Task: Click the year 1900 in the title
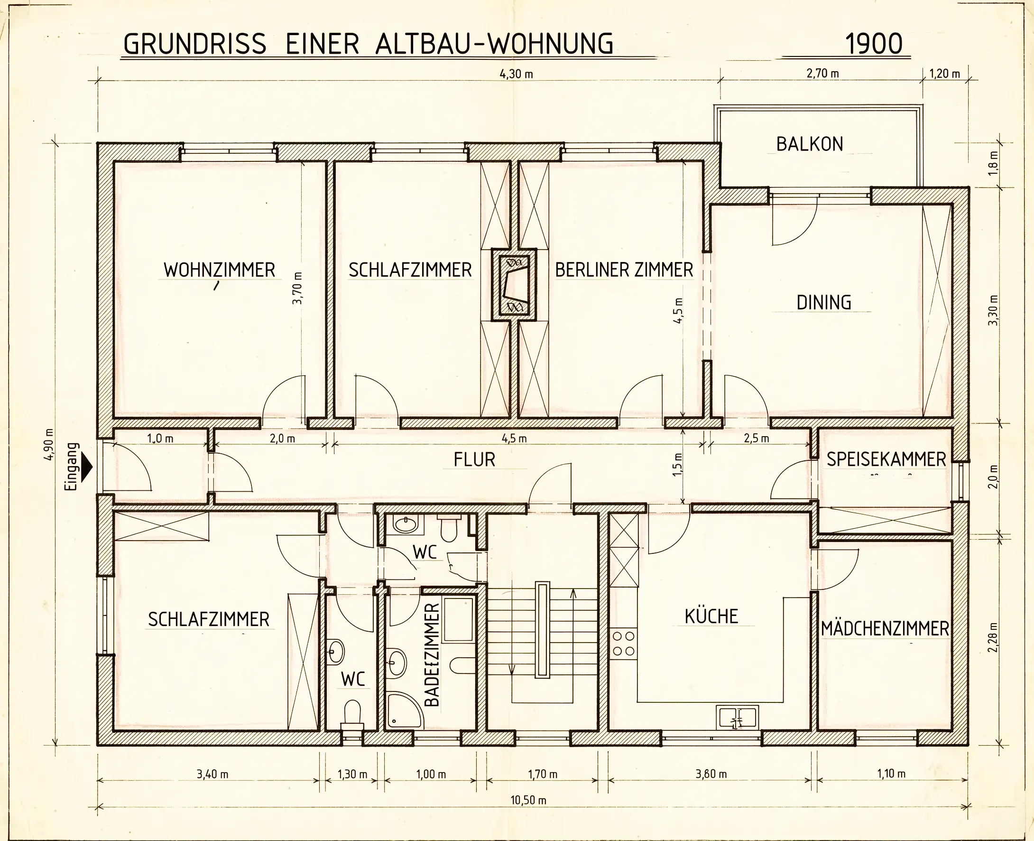(874, 44)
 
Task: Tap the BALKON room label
(810, 144)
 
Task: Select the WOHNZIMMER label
(219, 270)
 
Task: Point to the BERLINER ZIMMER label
(624, 270)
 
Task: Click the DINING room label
(824, 302)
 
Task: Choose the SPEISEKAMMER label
(886, 459)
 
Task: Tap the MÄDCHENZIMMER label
(885, 628)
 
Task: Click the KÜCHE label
(711, 616)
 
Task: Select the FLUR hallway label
(474, 460)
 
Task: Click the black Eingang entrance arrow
(87, 467)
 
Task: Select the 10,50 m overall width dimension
(528, 800)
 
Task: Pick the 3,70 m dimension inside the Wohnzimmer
(298, 288)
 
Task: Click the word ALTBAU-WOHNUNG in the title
(494, 44)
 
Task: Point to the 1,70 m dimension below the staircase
(543, 774)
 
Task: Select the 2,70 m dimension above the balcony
(822, 74)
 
